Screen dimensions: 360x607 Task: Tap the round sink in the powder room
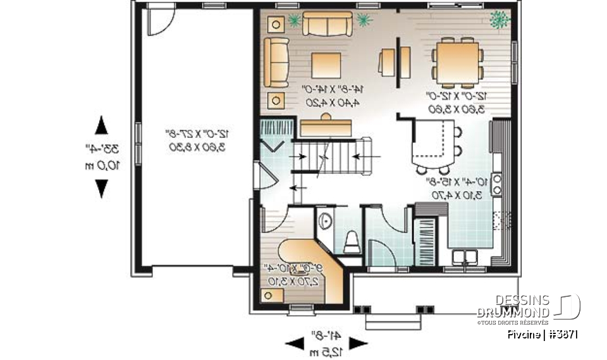324,221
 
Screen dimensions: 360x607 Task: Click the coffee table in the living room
326,65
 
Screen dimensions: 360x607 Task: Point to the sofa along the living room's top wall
327,23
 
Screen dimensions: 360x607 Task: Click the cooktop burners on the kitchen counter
498,183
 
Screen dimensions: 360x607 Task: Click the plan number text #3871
562,335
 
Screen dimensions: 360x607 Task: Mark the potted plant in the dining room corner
500,19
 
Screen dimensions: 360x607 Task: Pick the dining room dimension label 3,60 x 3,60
456,109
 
